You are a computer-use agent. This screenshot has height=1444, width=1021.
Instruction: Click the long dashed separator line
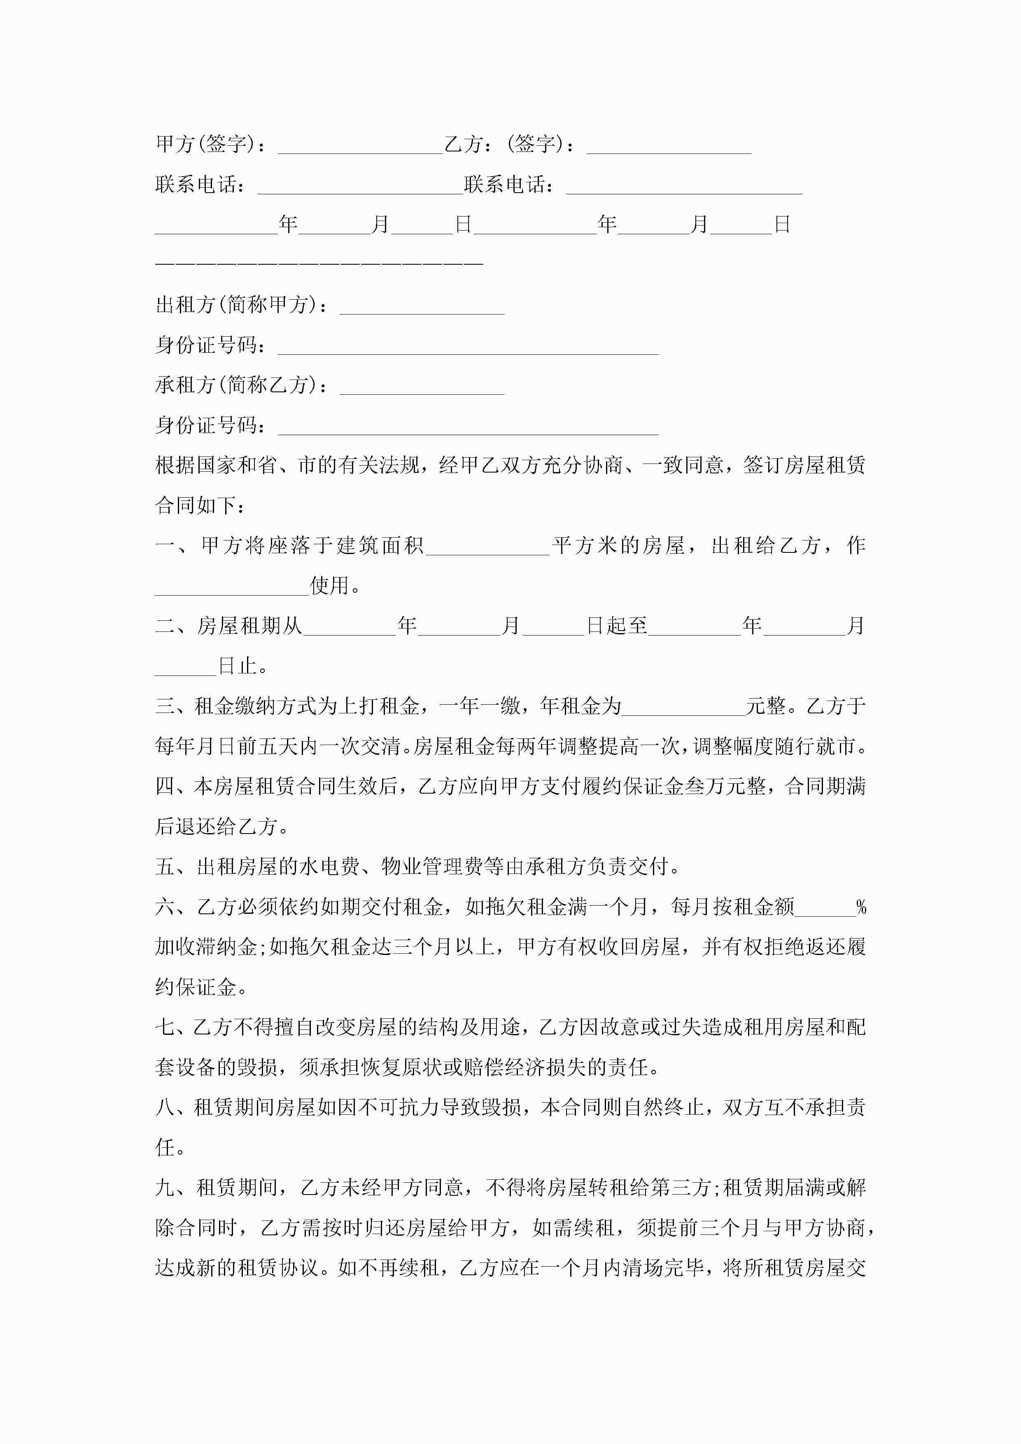click(x=319, y=263)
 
